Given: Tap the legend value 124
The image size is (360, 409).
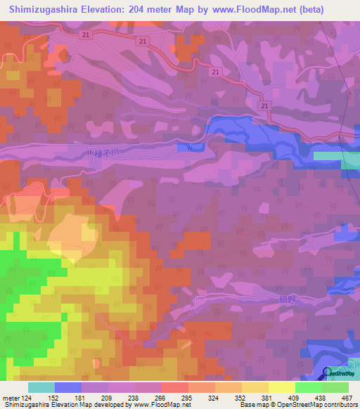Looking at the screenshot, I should [28, 397].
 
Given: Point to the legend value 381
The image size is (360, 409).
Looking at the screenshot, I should [267, 397].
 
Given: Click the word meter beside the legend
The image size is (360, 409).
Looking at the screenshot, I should [9, 397].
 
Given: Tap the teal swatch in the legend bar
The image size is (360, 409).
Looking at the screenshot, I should [41, 387].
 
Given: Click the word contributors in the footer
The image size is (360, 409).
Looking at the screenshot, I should [338, 405].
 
